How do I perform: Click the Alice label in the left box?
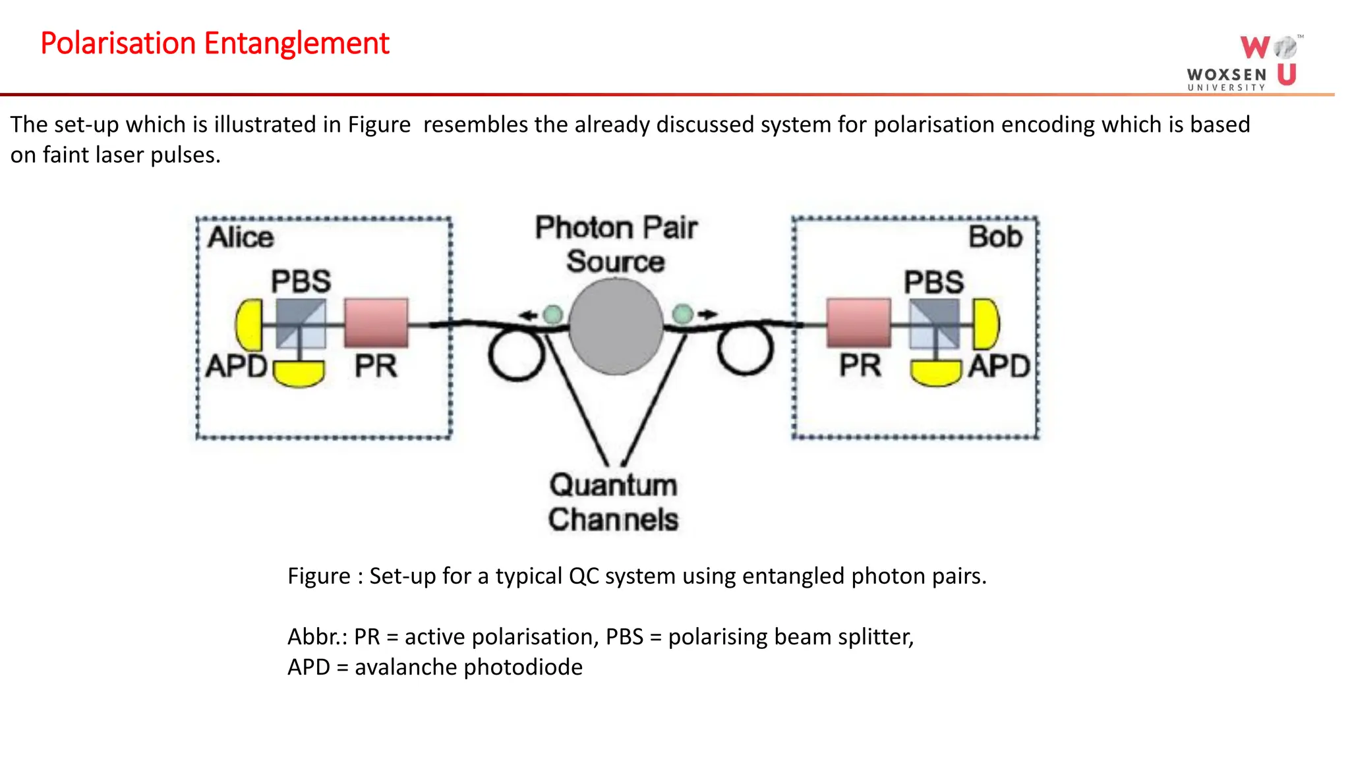click(241, 237)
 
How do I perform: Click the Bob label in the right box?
click(995, 237)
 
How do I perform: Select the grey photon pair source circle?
click(616, 326)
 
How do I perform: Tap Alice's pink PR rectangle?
click(376, 323)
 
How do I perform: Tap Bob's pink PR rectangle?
click(858, 323)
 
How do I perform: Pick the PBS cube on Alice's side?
click(301, 323)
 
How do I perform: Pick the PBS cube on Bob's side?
click(934, 323)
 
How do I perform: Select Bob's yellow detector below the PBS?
click(935, 372)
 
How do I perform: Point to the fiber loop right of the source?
click(745, 351)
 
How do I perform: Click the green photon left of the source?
click(552, 314)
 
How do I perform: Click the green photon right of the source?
click(683, 314)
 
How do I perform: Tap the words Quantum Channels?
click(613, 502)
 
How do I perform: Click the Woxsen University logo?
click(1243, 63)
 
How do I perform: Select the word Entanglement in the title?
click(297, 43)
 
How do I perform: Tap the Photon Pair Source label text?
click(616, 244)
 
